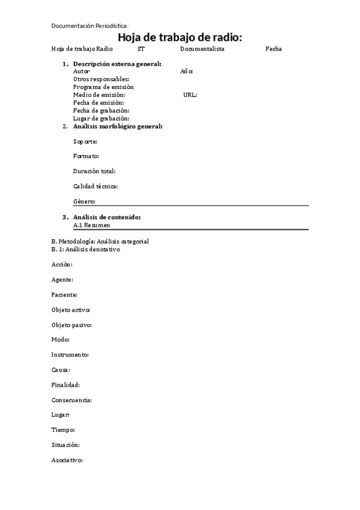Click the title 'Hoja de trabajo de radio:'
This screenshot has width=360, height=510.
click(180, 38)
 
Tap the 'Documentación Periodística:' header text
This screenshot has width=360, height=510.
click(90, 26)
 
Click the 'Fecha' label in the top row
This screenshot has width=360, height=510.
click(273, 49)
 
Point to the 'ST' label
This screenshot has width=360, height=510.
click(141, 49)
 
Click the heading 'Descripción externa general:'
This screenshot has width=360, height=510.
click(117, 64)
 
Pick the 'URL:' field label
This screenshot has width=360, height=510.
click(190, 94)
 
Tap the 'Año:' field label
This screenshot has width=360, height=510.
click(186, 71)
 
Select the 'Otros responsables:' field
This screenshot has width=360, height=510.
click(101, 79)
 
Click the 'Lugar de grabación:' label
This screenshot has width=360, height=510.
click(101, 118)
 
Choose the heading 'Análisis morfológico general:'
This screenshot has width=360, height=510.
click(117, 126)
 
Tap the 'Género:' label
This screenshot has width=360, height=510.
click(84, 201)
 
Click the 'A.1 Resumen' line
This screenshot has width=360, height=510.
click(91, 225)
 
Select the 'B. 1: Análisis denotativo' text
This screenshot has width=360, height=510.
click(85, 249)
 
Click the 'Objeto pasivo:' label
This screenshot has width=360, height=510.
click(72, 325)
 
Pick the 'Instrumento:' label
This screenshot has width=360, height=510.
click(70, 355)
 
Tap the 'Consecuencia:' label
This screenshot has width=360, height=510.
click(72, 400)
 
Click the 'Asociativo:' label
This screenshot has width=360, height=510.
click(67, 460)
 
